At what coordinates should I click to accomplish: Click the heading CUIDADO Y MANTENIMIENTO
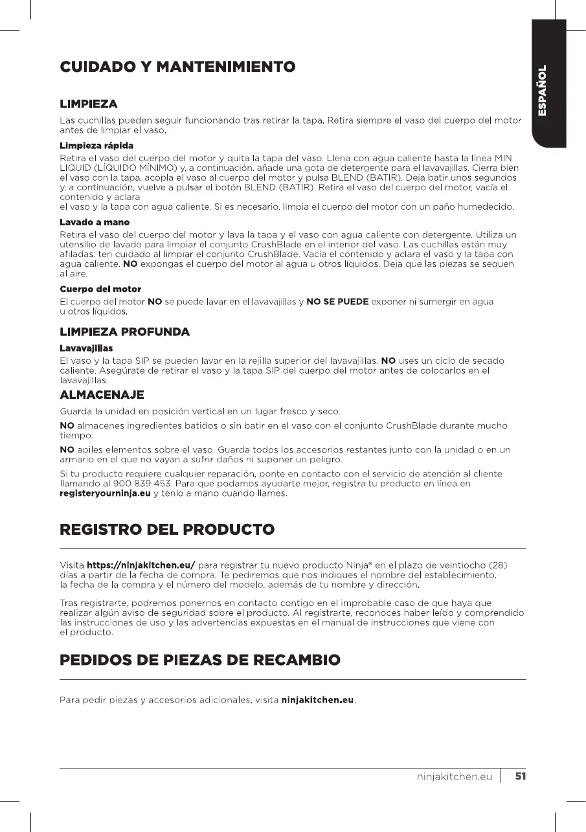(x=177, y=67)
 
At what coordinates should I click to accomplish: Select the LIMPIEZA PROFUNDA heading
(x=124, y=332)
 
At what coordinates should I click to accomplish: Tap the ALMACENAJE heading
(x=102, y=394)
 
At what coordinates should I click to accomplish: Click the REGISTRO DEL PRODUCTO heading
(x=167, y=529)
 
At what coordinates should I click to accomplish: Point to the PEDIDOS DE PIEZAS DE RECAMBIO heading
(x=199, y=660)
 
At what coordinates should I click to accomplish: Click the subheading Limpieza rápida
(x=96, y=145)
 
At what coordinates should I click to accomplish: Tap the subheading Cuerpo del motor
(x=100, y=289)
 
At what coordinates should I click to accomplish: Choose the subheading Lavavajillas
(x=86, y=348)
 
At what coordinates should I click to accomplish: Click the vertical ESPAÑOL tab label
(x=545, y=91)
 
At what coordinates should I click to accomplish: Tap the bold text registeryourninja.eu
(x=106, y=493)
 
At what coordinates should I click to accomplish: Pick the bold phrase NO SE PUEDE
(x=337, y=301)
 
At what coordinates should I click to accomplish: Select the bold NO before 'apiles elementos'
(x=67, y=449)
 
